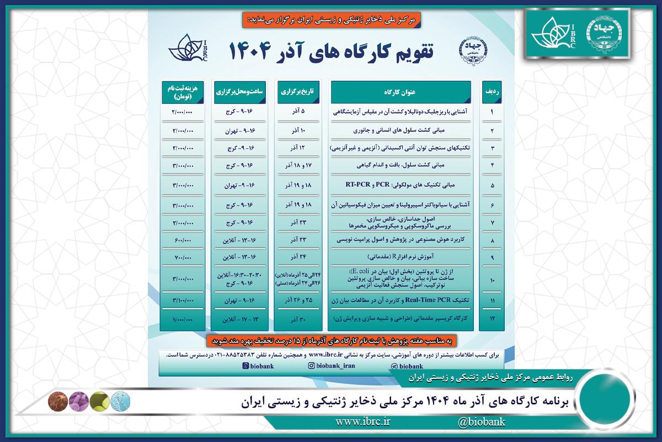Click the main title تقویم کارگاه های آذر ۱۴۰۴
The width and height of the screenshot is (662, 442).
point(330,51)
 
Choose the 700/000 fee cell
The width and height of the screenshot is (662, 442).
point(179,258)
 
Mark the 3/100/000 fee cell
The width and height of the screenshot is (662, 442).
point(179,300)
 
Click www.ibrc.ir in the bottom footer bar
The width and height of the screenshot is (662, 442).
point(362,423)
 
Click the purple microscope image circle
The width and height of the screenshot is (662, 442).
point(78,399)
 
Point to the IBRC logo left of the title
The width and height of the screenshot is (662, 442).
point(190,50)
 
